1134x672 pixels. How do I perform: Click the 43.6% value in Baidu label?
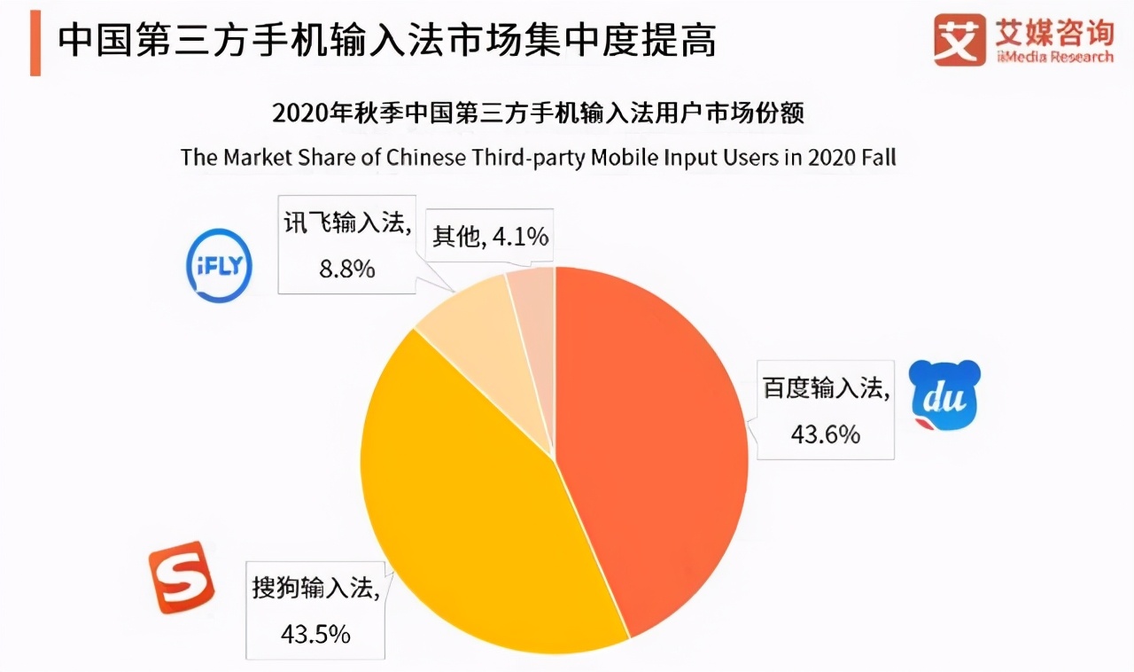tap(824, 434)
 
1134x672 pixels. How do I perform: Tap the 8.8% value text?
tap(347, 268)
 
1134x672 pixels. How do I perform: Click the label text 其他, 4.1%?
tap(490, 237)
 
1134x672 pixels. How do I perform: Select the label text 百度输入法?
tap(825, 388)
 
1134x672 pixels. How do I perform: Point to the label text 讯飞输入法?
tap(348, 224)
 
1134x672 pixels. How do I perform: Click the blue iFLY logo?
tap(220, 265)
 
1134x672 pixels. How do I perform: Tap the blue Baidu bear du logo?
tap(945, 395)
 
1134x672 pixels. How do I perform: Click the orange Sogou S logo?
tap(182, 577)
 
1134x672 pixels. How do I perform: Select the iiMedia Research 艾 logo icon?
tap(959, 40)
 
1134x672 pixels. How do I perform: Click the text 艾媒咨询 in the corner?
tap(1053, 33)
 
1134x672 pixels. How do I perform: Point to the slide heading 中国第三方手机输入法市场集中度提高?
tap(386, 41)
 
